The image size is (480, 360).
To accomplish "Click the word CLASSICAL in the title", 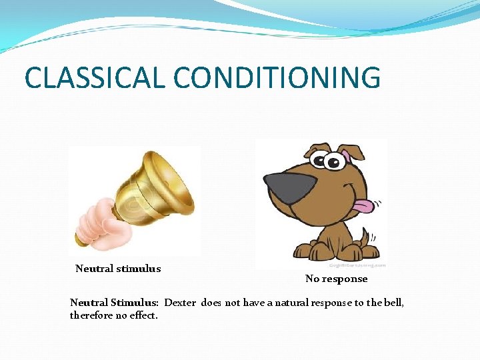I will [91, 77].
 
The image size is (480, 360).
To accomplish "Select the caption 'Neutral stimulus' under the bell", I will [118, 269].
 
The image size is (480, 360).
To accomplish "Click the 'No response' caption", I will [336, 279].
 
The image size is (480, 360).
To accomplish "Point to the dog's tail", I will [365, 236].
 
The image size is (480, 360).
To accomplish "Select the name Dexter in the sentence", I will [180, 303].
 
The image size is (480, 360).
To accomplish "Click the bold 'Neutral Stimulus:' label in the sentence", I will [114, 303].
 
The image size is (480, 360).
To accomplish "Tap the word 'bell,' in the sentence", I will [393, 303].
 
